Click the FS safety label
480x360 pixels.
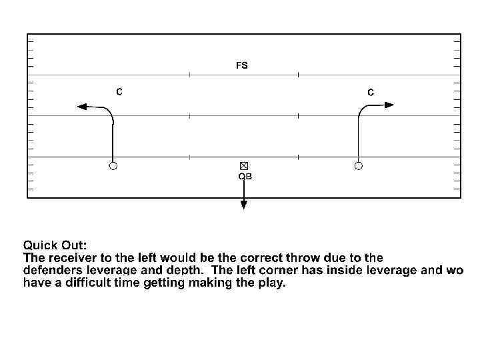click(x=241, y=65)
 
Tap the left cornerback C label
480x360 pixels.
click(x=119, y=92)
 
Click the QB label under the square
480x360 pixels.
click(x=245, y=177)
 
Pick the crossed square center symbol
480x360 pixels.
click(x=244, y=165)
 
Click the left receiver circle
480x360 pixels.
click(x=113, y=165)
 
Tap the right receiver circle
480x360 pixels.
click(x=359, y=165)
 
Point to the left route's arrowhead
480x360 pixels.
click(x=81, y=105)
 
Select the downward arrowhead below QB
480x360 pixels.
click(x=244, y=205)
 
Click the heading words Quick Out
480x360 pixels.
click(x=55, y=245)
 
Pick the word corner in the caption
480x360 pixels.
click(x=281, y=270)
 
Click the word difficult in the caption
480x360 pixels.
click(x=81, y=283)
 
